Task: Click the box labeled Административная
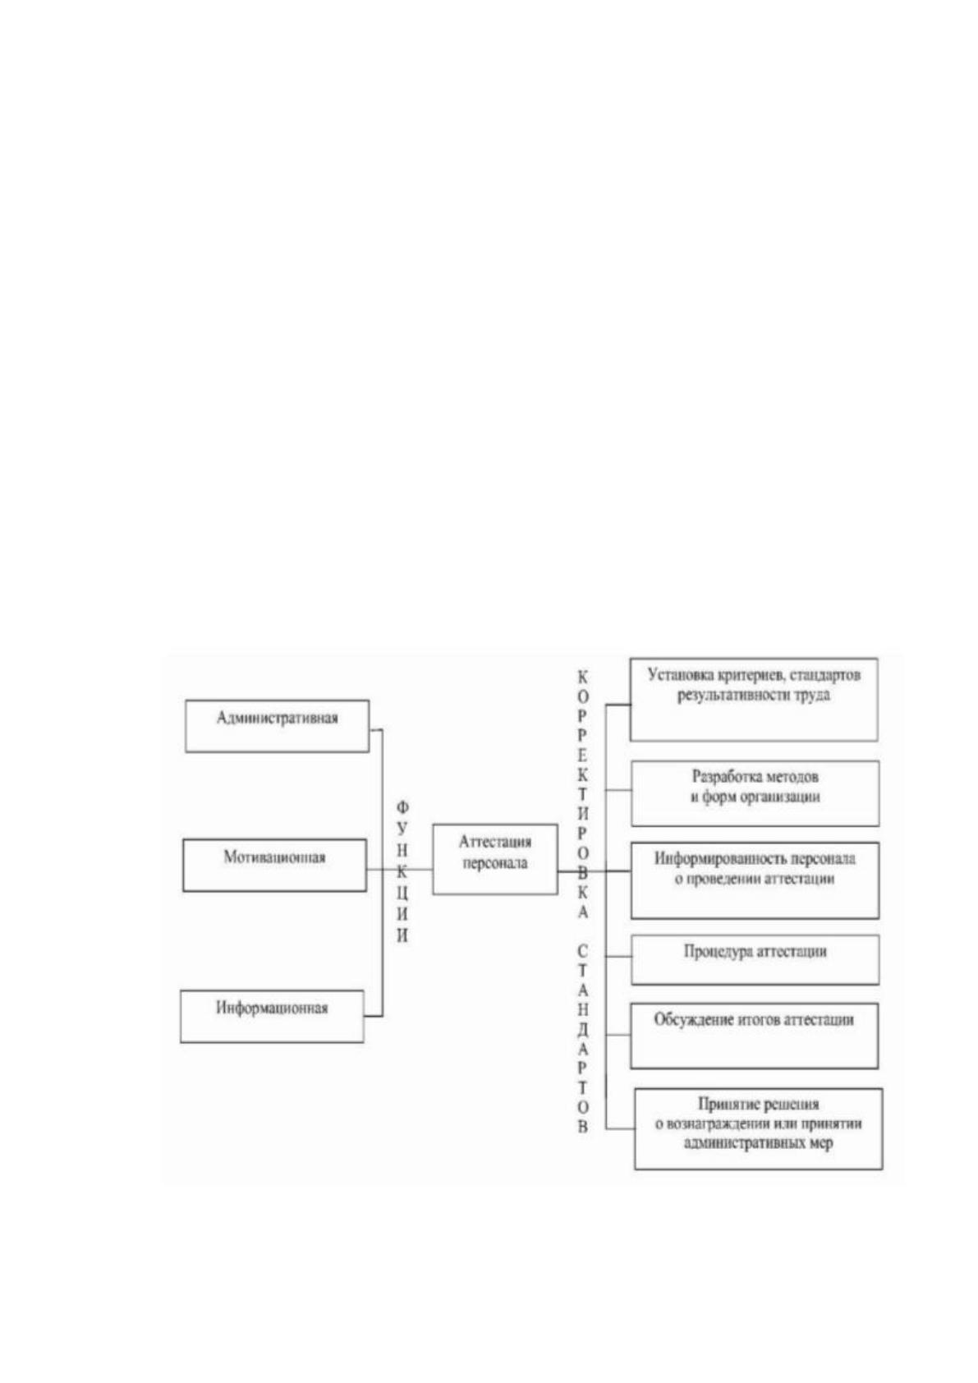278,725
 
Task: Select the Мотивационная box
275,864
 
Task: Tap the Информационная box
273,1016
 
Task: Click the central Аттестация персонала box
495,858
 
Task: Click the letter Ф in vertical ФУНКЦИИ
402,807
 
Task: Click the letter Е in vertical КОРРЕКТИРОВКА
583,755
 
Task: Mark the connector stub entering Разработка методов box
619,790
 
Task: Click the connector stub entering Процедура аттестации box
619,957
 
